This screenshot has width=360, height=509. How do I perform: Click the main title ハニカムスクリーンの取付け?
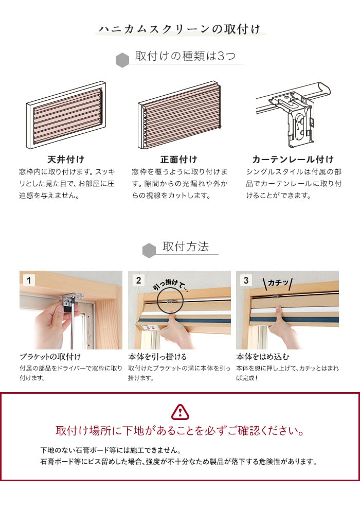coord(179,29)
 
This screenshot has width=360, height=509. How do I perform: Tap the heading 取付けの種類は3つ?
coord(185,56)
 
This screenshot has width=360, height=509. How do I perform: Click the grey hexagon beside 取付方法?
coord(149,251)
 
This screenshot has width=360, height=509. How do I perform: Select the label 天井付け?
coord(66,160)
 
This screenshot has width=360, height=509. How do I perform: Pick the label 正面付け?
coord(178,160)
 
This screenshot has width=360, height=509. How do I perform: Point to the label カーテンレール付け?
coord(293,160)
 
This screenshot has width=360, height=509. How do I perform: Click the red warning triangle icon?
coord(180,412)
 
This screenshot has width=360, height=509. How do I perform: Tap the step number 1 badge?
coord(29,280)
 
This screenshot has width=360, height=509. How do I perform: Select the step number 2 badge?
coord(138,280)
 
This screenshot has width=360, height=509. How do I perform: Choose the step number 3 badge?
coord(246,280)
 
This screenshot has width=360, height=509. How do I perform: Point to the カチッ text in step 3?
coord(278,283)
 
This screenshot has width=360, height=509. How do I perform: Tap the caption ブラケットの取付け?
coord(50,357)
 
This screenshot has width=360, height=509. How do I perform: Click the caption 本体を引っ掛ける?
coord(157,357)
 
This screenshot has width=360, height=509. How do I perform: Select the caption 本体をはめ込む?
coord(263,357)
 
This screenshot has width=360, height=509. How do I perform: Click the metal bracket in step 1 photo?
coord(72,300)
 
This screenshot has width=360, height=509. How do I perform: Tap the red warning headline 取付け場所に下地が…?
coord(180,431)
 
